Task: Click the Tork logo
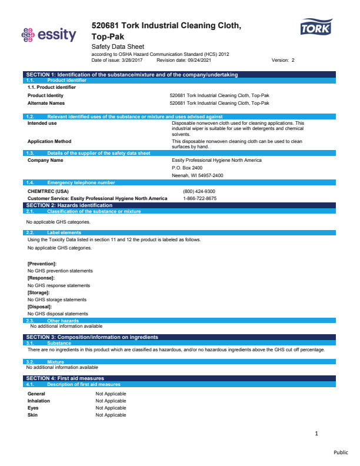pos(316,28)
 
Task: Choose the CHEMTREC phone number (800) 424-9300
pos(199,191)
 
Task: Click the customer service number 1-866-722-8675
pos(199,198)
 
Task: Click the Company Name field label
pos(45,160)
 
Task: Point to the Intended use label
pos(42,123)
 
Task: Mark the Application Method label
pos(49,141)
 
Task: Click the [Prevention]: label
pos(42,263)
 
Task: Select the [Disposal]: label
pos(40,307)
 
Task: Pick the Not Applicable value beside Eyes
pos(111,408)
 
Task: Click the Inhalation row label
pos(39,401)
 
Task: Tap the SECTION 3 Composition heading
pos(92,337)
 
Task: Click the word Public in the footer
pos(341,452)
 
